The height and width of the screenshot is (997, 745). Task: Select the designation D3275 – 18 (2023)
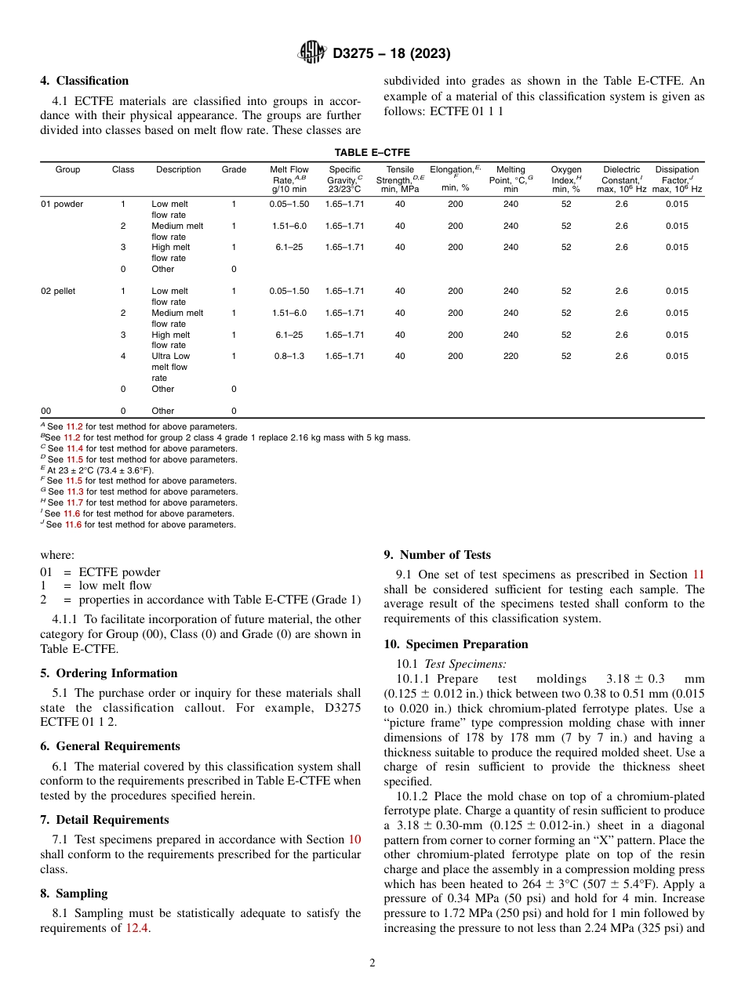pos(391,53)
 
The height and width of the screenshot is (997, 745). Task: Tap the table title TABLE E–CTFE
pos(372,153)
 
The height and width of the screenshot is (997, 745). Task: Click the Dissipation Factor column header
pos(676,179)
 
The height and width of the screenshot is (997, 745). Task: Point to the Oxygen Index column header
pos(566,179)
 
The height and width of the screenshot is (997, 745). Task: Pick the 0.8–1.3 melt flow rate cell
pos(289,356)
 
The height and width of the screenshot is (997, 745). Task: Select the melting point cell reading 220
pos(511,356)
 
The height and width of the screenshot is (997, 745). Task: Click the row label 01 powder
pos(62,204)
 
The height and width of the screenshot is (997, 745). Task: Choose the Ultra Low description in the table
pos(170,356)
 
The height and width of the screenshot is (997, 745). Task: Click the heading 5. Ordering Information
pos(109,673)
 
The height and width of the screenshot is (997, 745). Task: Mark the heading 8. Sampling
pos(74,894)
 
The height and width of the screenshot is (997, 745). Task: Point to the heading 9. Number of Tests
pos(437,555)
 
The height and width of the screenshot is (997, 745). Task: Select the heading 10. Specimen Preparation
pos(456,644)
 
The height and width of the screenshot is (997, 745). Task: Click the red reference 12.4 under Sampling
pos(135,929)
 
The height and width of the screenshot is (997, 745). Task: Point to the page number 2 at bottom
pos(372,963)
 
